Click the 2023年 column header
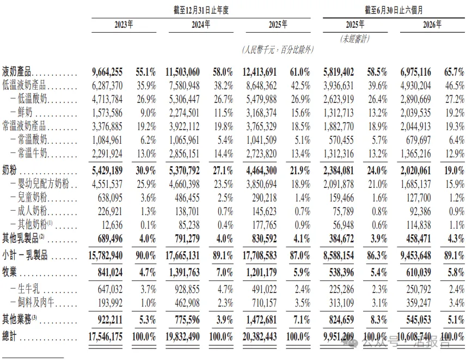click(x=124, y=25)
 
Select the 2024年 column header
click(x=201, y=25)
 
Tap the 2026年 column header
click(x=432, y=25)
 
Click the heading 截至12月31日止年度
click(x=201, y=10)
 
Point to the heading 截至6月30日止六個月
click(x=394, y=10)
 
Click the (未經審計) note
click(x=355, y=39)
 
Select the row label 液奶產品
click(x=17, y=72)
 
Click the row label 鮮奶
click(x=25, y=113)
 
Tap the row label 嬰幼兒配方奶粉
click(x=43, y=184)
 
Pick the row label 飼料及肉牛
click(x=36, y=303)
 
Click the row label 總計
click(x=9, y=337)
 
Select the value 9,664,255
click(x=107, y=72)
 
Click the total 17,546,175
click(x=106, y=337)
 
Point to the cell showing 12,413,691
click(x=260, y=72)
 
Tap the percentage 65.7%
click(x=454, y=72)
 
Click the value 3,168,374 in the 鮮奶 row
click(x=261, y=113)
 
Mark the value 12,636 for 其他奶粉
click(x=112, y=225)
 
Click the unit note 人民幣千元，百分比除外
click(x=278, y=50)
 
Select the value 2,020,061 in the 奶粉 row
click(x=415, y=170)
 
